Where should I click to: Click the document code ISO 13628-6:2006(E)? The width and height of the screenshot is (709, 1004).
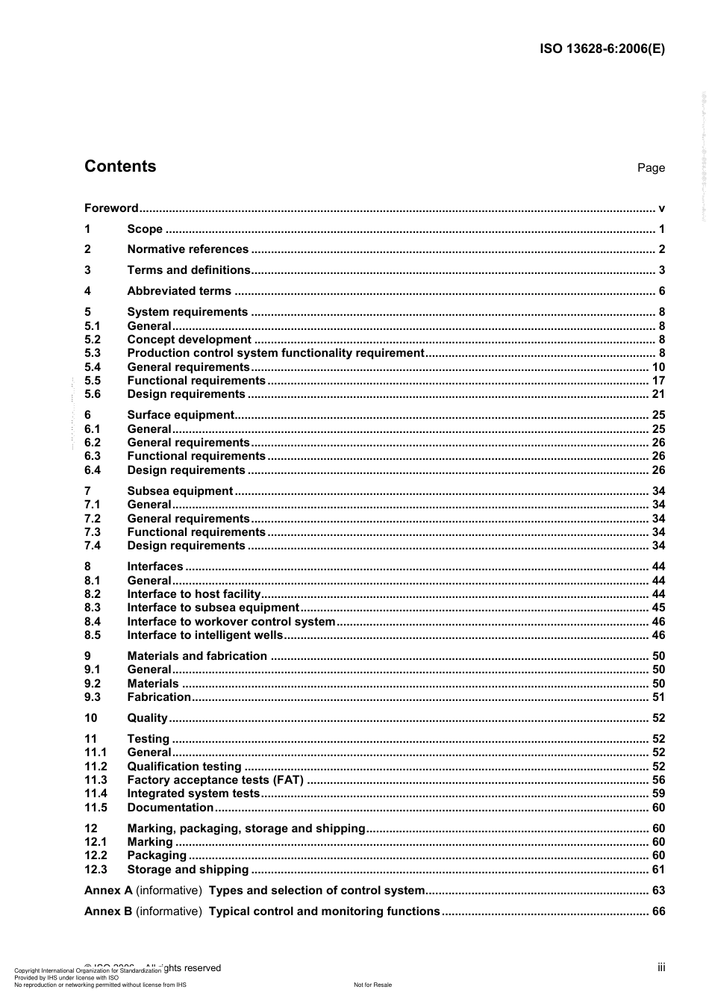pos(602,49)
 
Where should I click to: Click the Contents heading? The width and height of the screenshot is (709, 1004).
pos(120,166)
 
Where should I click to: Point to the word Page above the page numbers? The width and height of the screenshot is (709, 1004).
pos(651,168)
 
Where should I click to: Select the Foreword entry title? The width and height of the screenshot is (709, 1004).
pos(111,208)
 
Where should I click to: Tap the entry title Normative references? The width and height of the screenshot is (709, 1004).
pos(187,249)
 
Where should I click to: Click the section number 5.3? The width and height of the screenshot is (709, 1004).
pos(93,353)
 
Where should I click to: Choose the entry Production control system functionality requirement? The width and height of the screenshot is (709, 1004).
pos(275,353)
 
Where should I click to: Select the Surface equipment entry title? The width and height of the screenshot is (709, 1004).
pos(181,415)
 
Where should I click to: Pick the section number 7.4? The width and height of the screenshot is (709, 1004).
pos(93,546)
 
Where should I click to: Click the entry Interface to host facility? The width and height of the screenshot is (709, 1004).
pos(193,594)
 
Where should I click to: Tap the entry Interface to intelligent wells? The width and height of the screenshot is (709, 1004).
pos(205,635)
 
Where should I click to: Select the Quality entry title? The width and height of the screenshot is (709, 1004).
pos(147,718)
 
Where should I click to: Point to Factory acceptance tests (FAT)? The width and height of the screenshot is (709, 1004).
pos(215,780)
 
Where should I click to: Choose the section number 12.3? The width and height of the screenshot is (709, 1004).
pos(96,870)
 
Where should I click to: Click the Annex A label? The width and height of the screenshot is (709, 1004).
pos(108,891)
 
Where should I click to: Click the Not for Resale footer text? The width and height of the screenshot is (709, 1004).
pos(372,985)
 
